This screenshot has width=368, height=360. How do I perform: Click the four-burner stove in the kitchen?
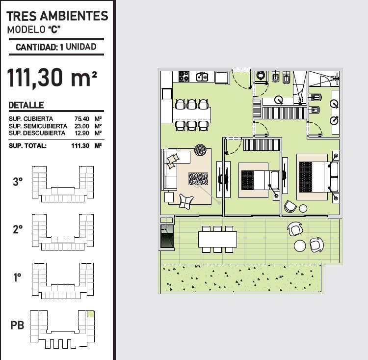point(184,76)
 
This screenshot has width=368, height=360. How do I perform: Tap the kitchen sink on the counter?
point(202,77)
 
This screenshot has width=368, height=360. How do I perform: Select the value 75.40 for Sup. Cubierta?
point(81,119)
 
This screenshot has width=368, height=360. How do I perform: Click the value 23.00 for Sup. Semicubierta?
point(81,126)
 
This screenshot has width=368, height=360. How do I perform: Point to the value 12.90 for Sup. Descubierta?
point(82,133)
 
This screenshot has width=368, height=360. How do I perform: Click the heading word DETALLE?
point(26,105)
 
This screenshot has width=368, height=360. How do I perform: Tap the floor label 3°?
point(18,182)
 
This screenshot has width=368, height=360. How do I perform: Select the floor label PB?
point(17,325)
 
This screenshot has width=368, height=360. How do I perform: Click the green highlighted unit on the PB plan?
point(91,314)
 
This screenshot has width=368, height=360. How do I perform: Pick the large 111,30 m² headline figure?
point(52,78)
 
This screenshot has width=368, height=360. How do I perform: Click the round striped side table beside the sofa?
point(200,150)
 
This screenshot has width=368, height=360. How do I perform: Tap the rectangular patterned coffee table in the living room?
point(198,179)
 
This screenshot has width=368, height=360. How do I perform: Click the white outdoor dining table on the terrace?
point(217,239)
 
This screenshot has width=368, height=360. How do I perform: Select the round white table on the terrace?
point(300,246)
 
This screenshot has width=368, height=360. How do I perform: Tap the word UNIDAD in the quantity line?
point(81,47)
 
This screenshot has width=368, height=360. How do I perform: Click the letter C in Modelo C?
point(54,30)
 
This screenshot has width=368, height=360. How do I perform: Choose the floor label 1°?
point(18,277)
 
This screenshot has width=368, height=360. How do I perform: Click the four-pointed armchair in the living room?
point(186,201)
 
